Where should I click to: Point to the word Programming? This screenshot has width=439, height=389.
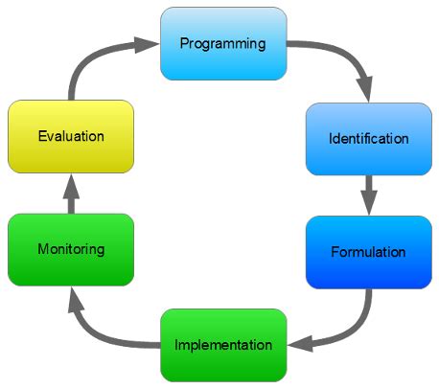[223, 44]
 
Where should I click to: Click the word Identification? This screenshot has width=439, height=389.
[368, 139]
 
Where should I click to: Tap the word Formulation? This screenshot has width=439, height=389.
[368, 253]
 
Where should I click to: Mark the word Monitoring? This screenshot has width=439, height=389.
[70, 250]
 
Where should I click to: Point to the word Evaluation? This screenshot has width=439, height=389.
[70, 136]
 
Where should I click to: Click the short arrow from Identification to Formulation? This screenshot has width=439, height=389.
[368, 197]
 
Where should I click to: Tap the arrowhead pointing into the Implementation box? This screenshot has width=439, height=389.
[298, 343]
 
